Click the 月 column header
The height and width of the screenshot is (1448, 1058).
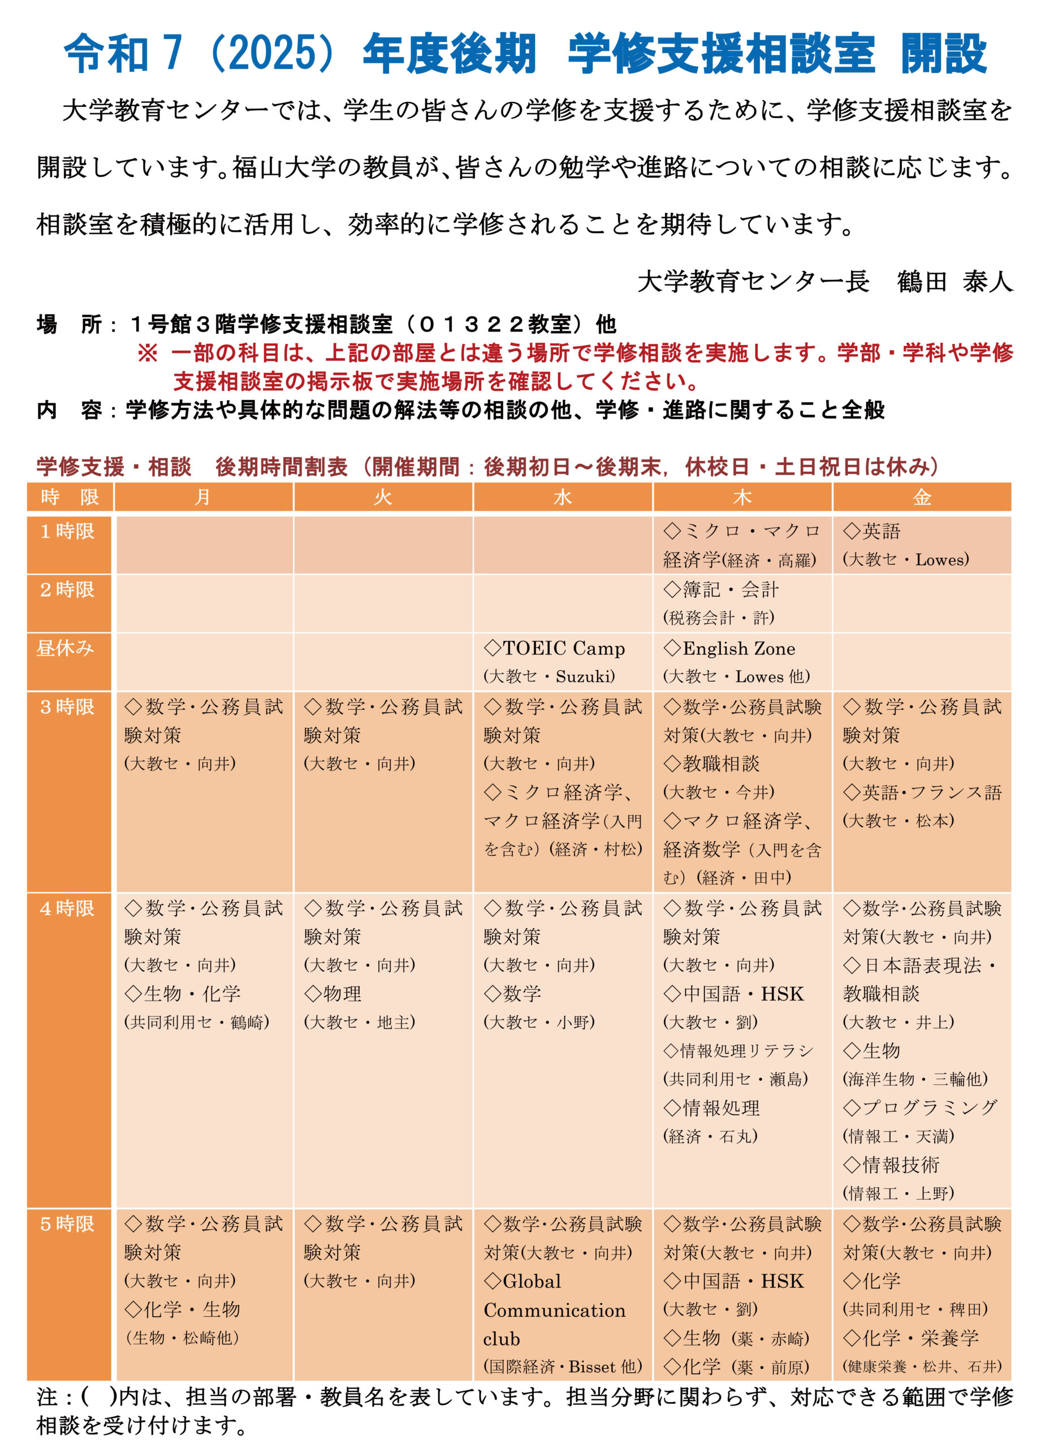click(203, 497)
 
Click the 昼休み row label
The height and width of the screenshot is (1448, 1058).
click(66, 648)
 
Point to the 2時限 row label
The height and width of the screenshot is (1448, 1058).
click(67, 589)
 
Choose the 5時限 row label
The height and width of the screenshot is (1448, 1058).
click(67, 1224)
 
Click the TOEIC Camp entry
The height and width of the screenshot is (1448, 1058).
click(555, 648)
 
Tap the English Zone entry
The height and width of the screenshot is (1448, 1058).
click(730, 648)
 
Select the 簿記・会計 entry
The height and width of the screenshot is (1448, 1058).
click(721, 589)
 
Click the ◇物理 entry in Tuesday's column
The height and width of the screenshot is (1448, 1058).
click(333, 993)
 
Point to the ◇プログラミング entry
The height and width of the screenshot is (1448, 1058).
click(920, 1107)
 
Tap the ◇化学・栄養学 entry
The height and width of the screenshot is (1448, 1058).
click(911, 1338)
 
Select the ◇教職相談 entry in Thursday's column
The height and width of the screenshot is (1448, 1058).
click(711, 764)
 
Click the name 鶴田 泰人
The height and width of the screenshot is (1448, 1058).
click(955, 281)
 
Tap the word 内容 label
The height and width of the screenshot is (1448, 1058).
click(69, 410)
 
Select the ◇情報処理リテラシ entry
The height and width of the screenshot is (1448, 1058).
click(738, 1050)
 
